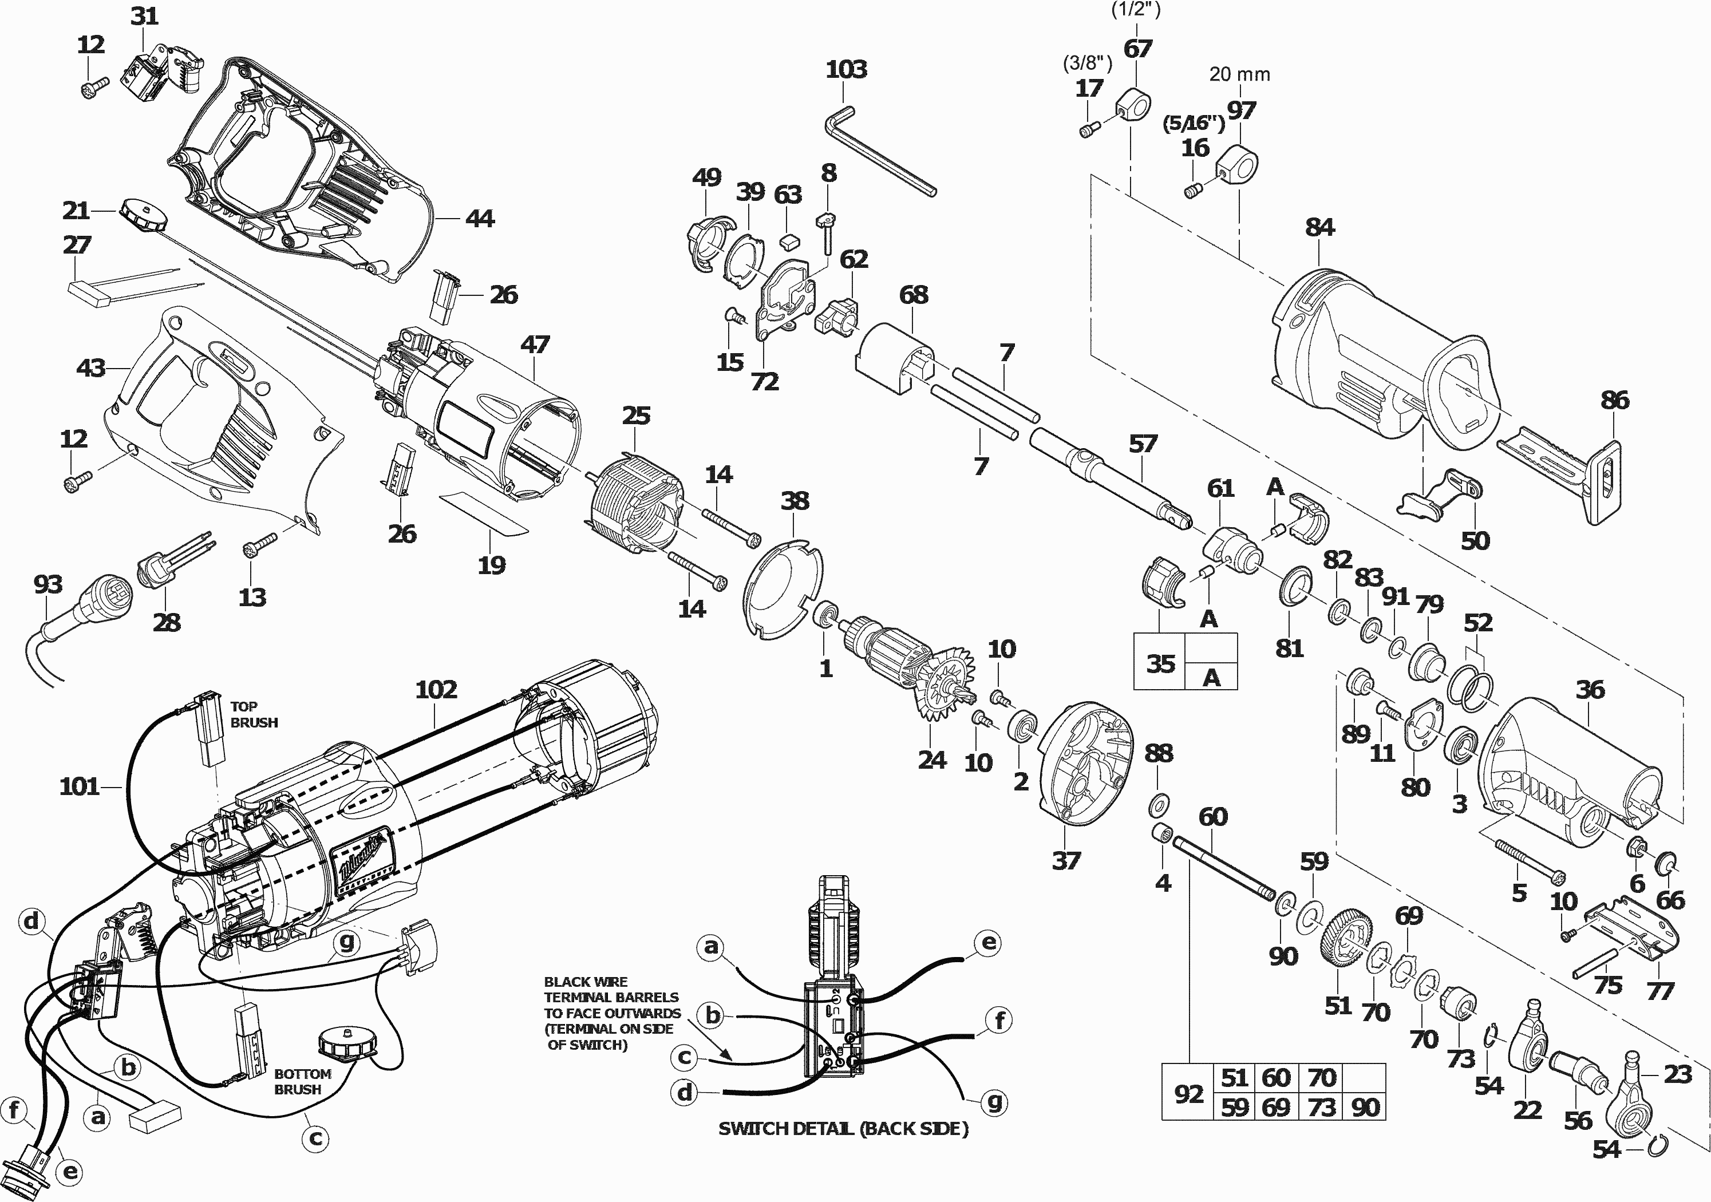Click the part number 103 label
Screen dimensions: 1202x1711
pos(846,69)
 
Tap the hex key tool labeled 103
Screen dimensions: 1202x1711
pos(879,153)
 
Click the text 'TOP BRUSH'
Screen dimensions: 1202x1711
pos(254,714)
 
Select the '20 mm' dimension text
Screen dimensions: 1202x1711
pos(1239,74)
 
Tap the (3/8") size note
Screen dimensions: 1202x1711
pos(1087,64)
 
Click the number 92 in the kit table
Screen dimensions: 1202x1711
pos(1188,1093)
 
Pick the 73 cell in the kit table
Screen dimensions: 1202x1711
pos(1321,1108)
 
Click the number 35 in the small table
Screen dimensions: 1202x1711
pos(1160,663)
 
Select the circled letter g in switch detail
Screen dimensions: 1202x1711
pos(994,1101)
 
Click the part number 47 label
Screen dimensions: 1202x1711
pos(535,344)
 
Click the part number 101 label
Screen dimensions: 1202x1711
pos(79,786)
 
